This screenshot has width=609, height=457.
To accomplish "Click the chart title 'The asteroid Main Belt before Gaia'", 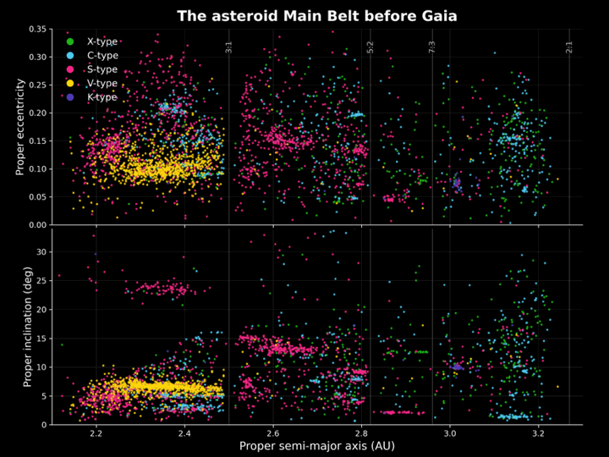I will pos(304,16).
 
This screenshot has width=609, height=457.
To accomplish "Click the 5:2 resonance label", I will pos(370,47).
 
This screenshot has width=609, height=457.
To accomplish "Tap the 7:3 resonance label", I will pos(432,47).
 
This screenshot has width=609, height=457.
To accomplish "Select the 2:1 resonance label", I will pos(569,47).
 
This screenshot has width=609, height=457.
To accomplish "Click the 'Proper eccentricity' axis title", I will pos(20,127).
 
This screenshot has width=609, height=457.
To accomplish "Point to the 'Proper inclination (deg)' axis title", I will pos(27,326).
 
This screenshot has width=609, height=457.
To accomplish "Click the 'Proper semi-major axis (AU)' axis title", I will pos(316,445).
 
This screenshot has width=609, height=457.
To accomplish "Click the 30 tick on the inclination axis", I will pos(41,251).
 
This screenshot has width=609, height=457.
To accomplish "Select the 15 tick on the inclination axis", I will pos(41,338).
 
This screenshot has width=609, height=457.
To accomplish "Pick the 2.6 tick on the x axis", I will pos(272,433).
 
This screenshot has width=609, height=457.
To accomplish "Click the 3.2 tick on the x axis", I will pos(538,433).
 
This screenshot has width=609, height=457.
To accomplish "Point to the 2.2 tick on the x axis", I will pos(96,433).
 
